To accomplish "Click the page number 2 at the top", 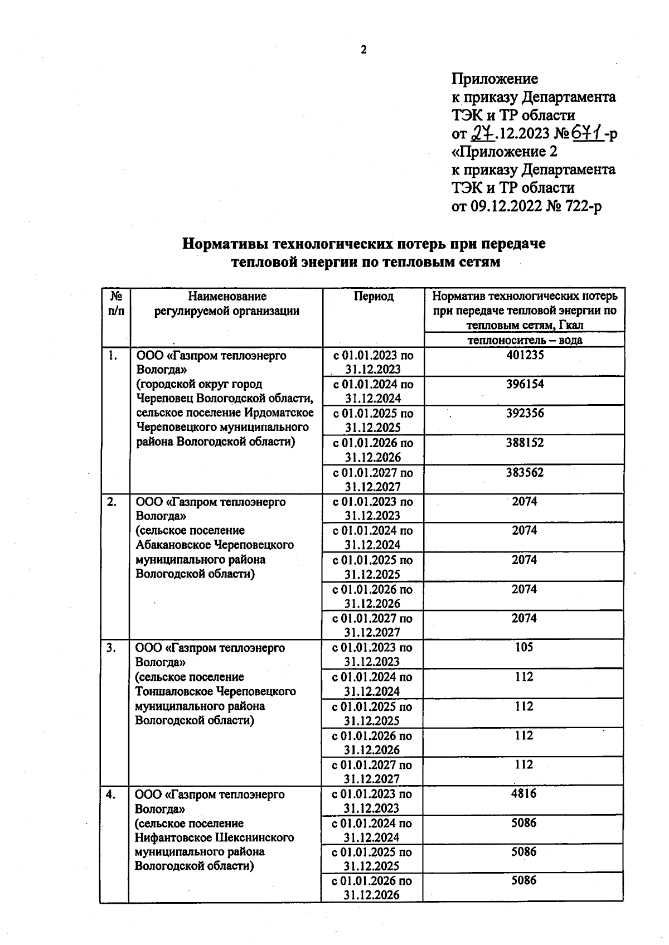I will (x=363, y=50).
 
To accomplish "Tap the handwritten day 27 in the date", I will (x=483, y=134).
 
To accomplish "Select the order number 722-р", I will (x=583, y=206).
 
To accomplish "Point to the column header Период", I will (x=374, y=296).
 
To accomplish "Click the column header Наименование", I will (x=227, y=296).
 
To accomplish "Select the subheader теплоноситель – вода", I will (x=524, y=340).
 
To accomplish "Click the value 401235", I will (x=525, y=355).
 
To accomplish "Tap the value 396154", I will (x=525, y=384).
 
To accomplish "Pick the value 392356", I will (x=525, y=413).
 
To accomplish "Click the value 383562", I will (x=525, y=472).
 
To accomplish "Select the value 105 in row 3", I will (x=524, y=647).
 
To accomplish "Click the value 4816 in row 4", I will (x=523, y=793).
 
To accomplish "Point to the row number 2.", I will (x=112, y=501).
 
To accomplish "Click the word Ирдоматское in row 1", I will (x=279, y=413).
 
